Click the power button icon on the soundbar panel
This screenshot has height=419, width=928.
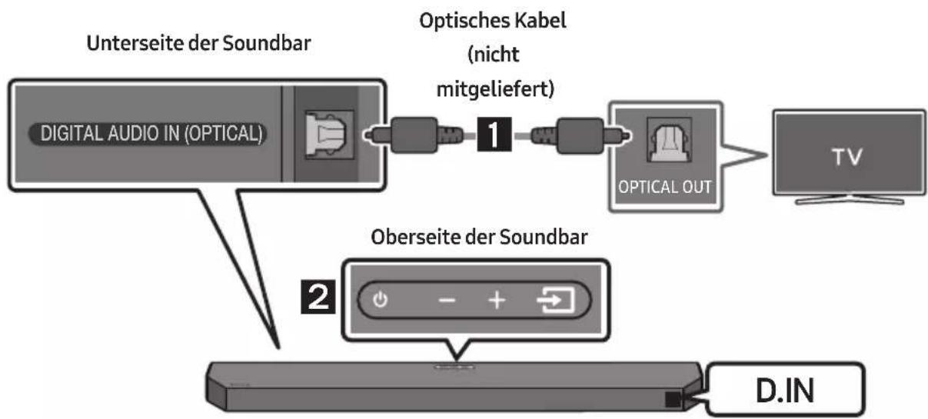click(x=380, y=300)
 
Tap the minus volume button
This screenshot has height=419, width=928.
click(x=447, y=300)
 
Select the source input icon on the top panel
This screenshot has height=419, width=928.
click(x=555, y=300)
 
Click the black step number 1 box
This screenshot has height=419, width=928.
click(x=494, y=134)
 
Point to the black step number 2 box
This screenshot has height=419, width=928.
click(x=318, y=297)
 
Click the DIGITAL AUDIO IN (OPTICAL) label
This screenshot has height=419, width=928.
click(x=151, y=134)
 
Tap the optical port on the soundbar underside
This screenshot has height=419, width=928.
click(x=329, y=135)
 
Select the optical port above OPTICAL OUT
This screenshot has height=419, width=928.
click(x=669, y=140)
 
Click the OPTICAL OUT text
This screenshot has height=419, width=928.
click(x=664, y=187)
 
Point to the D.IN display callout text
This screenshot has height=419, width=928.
click(x=785, y=391)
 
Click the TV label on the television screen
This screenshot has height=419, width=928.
click(x=847, y=157)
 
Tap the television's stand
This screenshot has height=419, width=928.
click(x=850, y=199)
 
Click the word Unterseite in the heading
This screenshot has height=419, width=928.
click(x=135, y=43)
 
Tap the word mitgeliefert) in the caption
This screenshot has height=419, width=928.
click(x=495, y=89)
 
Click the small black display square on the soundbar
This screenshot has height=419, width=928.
click(x=674, y=400)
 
